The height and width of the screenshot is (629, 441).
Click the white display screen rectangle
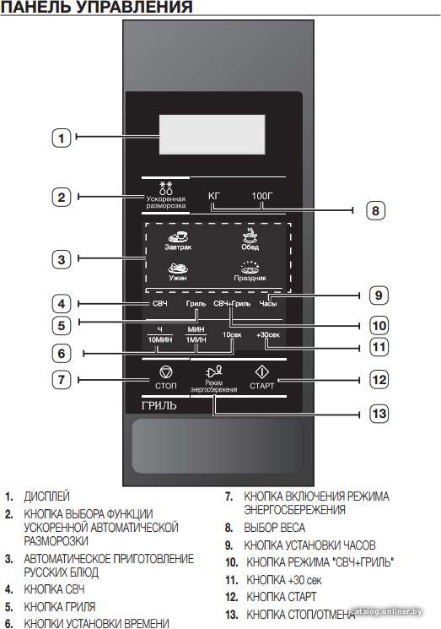(x=212, y=134)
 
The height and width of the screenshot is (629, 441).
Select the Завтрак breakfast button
(x=178, y=241)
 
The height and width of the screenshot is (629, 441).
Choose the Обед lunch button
(x=250, y=240)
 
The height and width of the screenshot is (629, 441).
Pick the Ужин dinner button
(x=178, y=272)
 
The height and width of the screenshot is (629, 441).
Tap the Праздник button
(x=250, y=271)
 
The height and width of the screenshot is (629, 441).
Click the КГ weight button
(x=214, y=196)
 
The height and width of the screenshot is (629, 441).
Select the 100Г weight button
(x=262, y=196)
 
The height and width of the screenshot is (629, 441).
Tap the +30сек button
(x=268, y=334)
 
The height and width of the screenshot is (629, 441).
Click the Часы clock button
(x=268, y=304)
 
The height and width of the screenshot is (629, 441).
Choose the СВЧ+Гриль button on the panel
(x=232, y=304)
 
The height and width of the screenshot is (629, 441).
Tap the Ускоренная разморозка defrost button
(x=166, y=195)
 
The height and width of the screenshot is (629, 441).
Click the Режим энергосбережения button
(x=214, y=379)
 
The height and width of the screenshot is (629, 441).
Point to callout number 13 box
(x=379, y=413)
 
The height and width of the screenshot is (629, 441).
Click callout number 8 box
(x=375, y=210)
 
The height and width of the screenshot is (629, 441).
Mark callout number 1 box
(x=62, y=138)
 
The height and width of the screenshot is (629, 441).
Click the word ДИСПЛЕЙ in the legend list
(x=47, y=496)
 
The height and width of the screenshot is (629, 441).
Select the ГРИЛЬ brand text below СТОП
(x=159, y=405)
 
